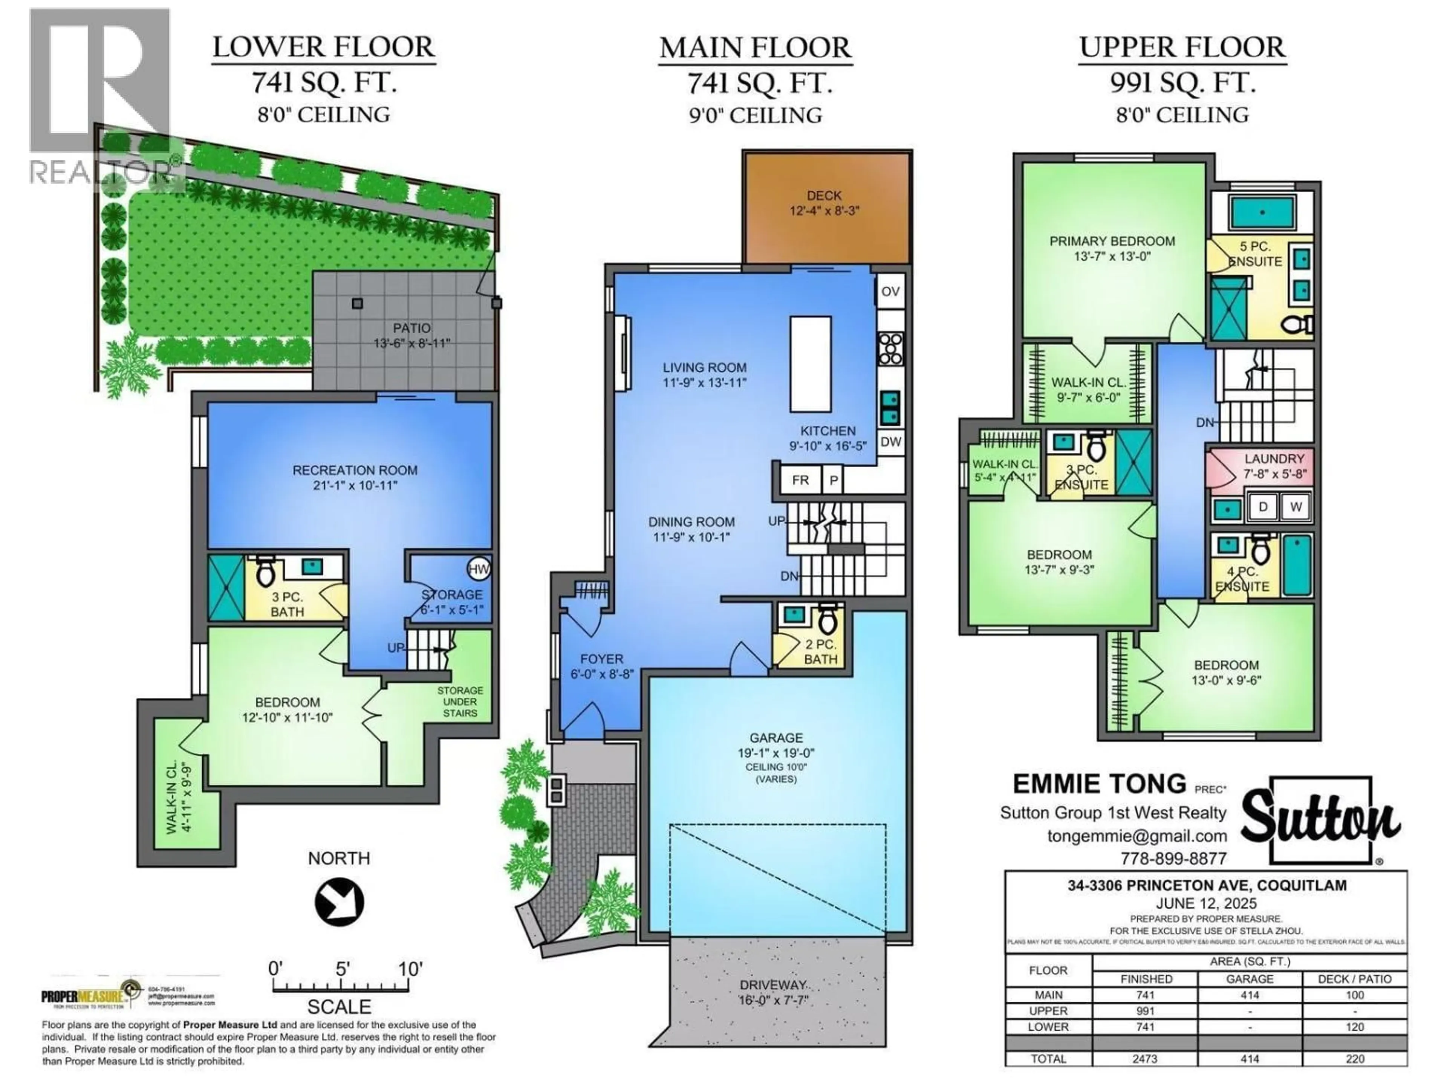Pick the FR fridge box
(x=800, y=480)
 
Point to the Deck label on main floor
(x=824, y=196)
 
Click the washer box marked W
(x=1295, y=507)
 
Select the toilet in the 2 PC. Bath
(x=828, y=620)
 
